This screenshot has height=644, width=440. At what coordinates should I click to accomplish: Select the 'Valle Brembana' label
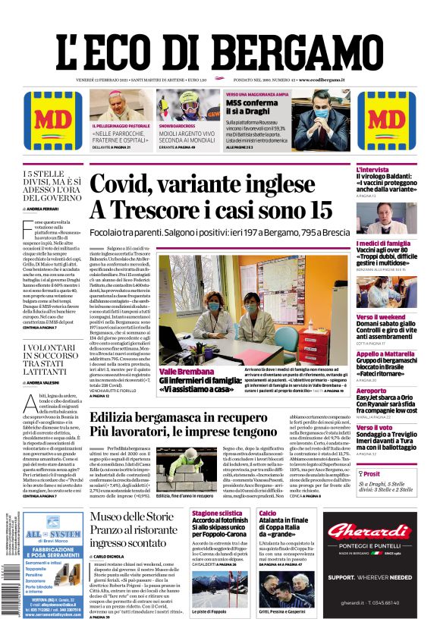(x=186, y=372)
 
